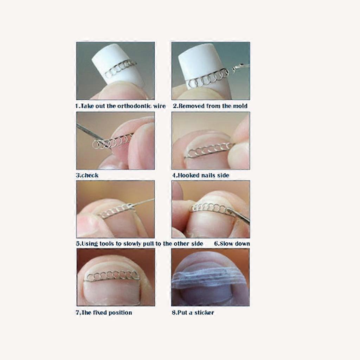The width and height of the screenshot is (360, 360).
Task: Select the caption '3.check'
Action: pyautogui.click(x=87, y=175)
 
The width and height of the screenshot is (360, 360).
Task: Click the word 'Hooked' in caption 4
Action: pyautogui.click(x=189, y=175)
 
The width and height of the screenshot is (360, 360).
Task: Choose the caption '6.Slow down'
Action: pyautogui.click(x=232, y=244)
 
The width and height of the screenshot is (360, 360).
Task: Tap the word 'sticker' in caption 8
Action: pyautogui.click(x=204, y=313)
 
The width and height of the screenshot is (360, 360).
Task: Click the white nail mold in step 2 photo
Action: pyautogui.click(x=199, y=58)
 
